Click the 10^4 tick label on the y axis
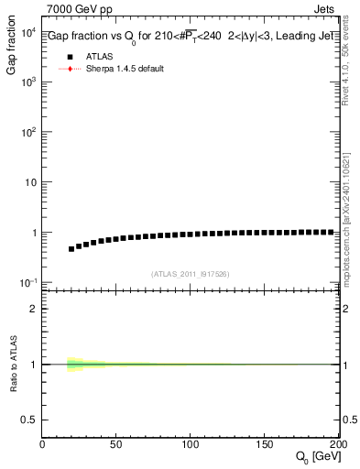(28, 33)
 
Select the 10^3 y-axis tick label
(28, 82)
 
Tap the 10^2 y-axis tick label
(28, 132)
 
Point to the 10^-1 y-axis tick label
(28, 282)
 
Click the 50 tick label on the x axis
(116, 444)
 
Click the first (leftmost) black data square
(71, 248)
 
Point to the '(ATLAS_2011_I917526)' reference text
(191, 274)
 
